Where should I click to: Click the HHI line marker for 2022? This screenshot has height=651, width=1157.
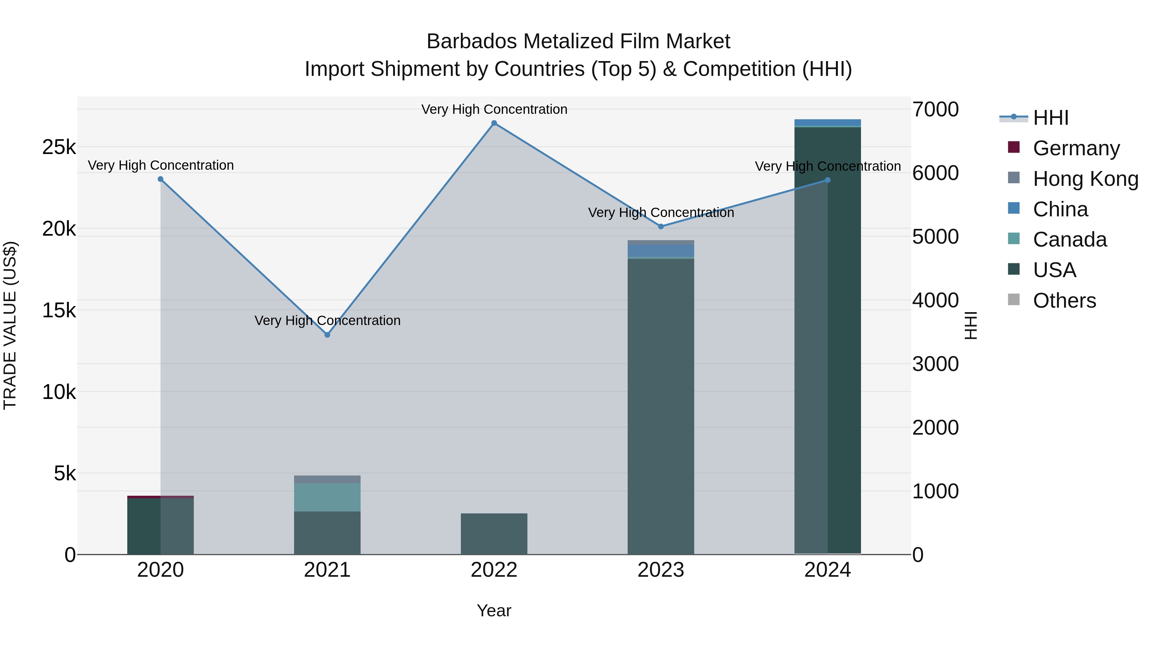click(x=494, y=123)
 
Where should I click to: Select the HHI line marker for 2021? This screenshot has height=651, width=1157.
click(x=327, y=335)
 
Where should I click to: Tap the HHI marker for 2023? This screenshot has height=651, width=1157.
click(x=661, y=226)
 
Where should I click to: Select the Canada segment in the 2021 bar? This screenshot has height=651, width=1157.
click(x=327, y=497)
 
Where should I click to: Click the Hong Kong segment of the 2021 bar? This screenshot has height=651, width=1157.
click(x=327, y=479)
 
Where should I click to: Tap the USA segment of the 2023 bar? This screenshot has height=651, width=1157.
click(x=661, y=404)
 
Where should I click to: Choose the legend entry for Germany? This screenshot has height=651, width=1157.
click(x=1076, y=148)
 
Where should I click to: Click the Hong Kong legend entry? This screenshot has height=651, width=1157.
click(x=1085, y=179)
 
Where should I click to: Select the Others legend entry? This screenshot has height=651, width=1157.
click(x=1064, y=301)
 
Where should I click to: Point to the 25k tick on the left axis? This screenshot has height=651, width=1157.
click(x=59, y=147)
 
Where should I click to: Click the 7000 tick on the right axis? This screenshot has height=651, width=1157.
click(x=935, y=109)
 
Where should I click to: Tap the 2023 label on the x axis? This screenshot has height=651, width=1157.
click(x=661, y=570)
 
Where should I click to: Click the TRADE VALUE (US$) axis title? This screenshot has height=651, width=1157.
click(x=10, y=325)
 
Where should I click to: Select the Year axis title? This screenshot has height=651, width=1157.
click(x=494, y=610)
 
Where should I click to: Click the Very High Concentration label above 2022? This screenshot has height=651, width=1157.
click(x=494, y=109)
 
